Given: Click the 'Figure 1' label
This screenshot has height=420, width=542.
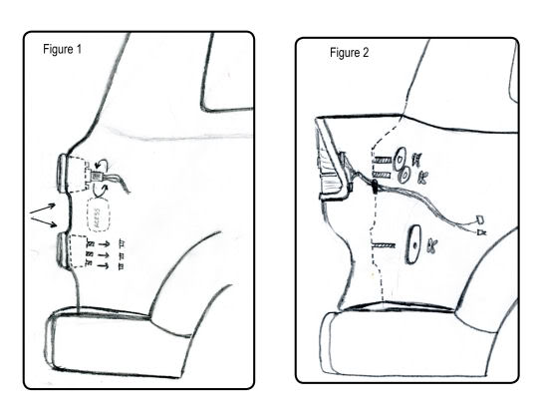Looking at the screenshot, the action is point(62,49).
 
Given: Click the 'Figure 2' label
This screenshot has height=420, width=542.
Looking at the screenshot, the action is point(349,53).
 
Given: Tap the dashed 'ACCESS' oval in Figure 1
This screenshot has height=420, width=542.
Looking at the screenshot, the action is point(99,215).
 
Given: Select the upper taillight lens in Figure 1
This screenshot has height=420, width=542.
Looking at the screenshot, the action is point(63,173).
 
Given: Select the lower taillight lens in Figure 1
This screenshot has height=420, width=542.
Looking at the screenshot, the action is point(63,250).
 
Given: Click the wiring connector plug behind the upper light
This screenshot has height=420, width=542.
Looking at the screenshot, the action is point(96,177).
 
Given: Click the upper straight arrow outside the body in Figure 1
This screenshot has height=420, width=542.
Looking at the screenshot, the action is point(43,209).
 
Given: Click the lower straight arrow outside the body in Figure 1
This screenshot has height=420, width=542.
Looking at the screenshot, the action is point(44,221).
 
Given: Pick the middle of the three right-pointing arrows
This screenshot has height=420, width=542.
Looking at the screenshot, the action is point(104,255).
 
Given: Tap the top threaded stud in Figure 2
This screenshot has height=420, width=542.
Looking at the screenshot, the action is point(382,160).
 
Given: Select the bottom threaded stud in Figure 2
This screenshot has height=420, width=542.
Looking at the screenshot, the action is point(384,245).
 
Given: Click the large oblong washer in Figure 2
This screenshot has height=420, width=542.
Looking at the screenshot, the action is point(413,244).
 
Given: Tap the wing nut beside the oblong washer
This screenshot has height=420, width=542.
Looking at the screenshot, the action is point(431,245).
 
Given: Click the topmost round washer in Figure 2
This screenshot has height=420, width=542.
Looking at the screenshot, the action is point(401,159).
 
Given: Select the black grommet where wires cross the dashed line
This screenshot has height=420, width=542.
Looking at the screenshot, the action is point(375,186).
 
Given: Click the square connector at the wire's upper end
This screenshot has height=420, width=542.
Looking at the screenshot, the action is point(480,219).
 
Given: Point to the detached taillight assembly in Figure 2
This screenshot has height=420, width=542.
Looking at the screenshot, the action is point(332,160).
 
